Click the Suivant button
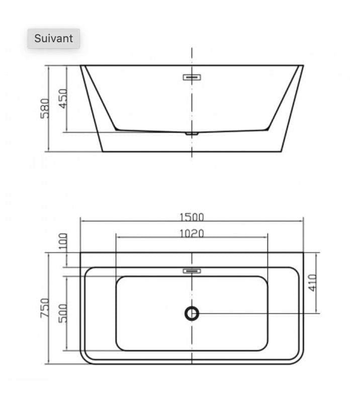53,39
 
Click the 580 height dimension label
45,108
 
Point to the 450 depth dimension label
63,98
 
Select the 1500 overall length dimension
192,217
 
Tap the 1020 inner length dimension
192,233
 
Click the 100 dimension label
63,241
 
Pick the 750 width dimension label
45,307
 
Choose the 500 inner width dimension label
63,312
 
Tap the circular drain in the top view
192,314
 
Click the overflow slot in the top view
192,271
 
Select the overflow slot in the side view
192,77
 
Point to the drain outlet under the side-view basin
192,134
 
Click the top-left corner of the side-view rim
81,65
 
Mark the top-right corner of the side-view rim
303,65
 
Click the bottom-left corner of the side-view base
103,151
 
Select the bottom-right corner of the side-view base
282,151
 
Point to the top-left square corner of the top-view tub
80,253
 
